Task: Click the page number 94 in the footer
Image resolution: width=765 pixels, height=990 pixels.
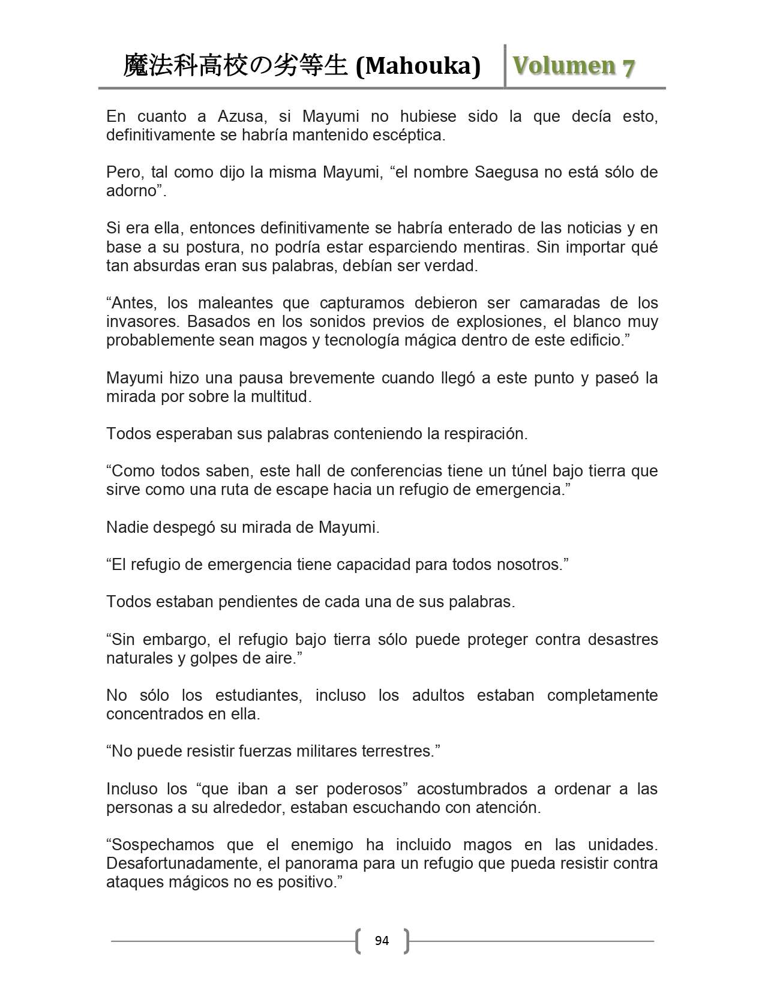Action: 382,941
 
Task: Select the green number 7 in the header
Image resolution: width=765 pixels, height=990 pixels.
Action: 628,67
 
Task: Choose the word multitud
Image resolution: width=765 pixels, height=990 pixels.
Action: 279,397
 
